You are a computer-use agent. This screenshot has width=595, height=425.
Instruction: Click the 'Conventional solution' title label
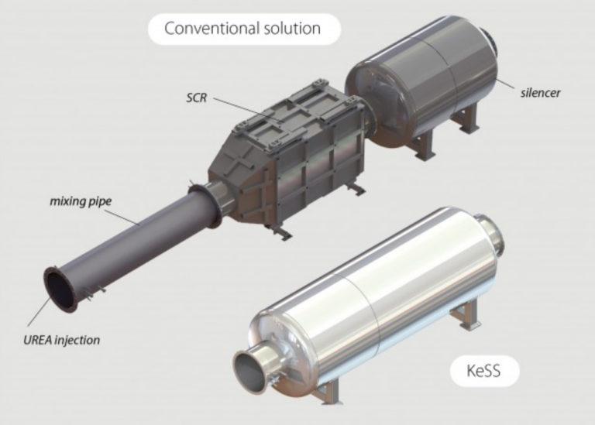pos(242,29)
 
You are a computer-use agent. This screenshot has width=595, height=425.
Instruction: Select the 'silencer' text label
pos(540,93)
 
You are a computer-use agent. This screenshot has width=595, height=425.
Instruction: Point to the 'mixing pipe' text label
pos(81,202)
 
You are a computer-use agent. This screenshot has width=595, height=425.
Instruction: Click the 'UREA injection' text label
pos(61,339)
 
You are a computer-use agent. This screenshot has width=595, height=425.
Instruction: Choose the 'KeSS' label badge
pos(483,372)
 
